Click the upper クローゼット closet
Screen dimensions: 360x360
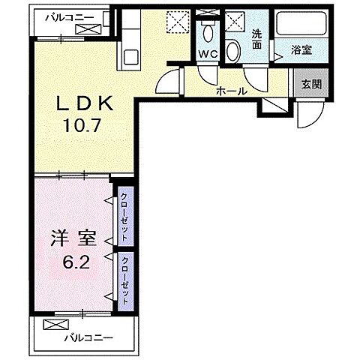(124, 214)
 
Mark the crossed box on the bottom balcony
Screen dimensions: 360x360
(55, 325)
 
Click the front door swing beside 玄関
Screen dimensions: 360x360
(306, 112)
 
